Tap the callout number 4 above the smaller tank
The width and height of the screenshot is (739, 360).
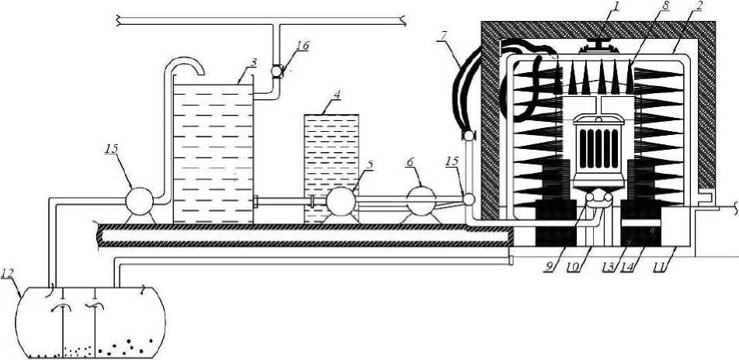pos(337,96)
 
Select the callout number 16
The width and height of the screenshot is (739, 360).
pos(303,46)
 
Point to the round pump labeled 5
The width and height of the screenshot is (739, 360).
pos(339,200)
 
